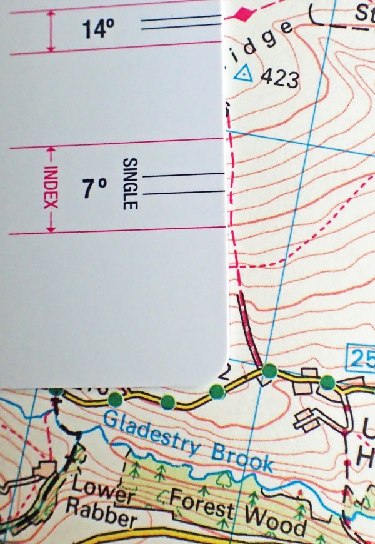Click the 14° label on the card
(x=97, y=29)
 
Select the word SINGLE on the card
(x=130, y=183)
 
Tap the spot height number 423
(x=279, y=79)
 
